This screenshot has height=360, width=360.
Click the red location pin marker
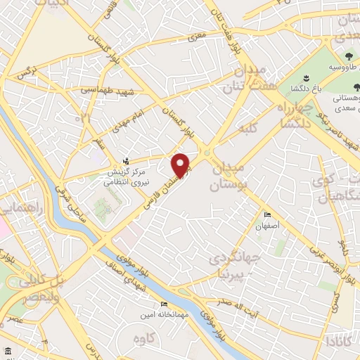click(x=181, y=165)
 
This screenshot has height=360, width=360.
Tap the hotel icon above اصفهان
click(x=266, y=215)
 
